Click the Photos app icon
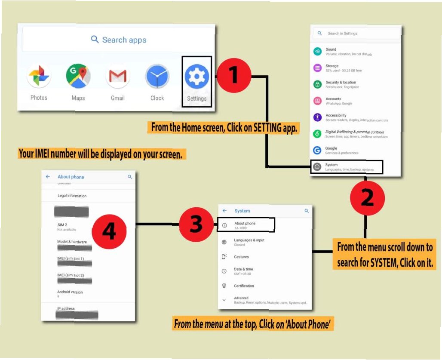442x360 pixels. tap(39, 77)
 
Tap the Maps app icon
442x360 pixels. tap(78, 76)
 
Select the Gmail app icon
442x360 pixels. tap(118, 77)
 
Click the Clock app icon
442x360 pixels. tap(157, 77)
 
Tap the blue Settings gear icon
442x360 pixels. tap(197, 77)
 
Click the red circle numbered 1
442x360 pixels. tap(233, 76)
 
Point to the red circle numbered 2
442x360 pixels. tap(367, 197)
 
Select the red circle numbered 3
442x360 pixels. tap(196, 224)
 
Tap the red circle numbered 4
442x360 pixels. tap(109, 232)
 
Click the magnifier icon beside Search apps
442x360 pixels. tap(95, 40)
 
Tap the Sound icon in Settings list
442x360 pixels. tap(317, 52)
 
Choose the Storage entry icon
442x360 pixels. tap(317, 68)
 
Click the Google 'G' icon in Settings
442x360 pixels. tap(317, 150)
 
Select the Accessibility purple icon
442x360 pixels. tap(317, 117)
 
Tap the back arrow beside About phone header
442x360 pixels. tap(48, 177)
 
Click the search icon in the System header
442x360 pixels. tap(307, 211)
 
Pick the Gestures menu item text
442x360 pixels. tap(241, 257)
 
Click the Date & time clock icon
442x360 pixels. tap(224, 271)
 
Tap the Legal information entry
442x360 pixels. tap(72, 196)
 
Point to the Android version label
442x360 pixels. tap(70, 292)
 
